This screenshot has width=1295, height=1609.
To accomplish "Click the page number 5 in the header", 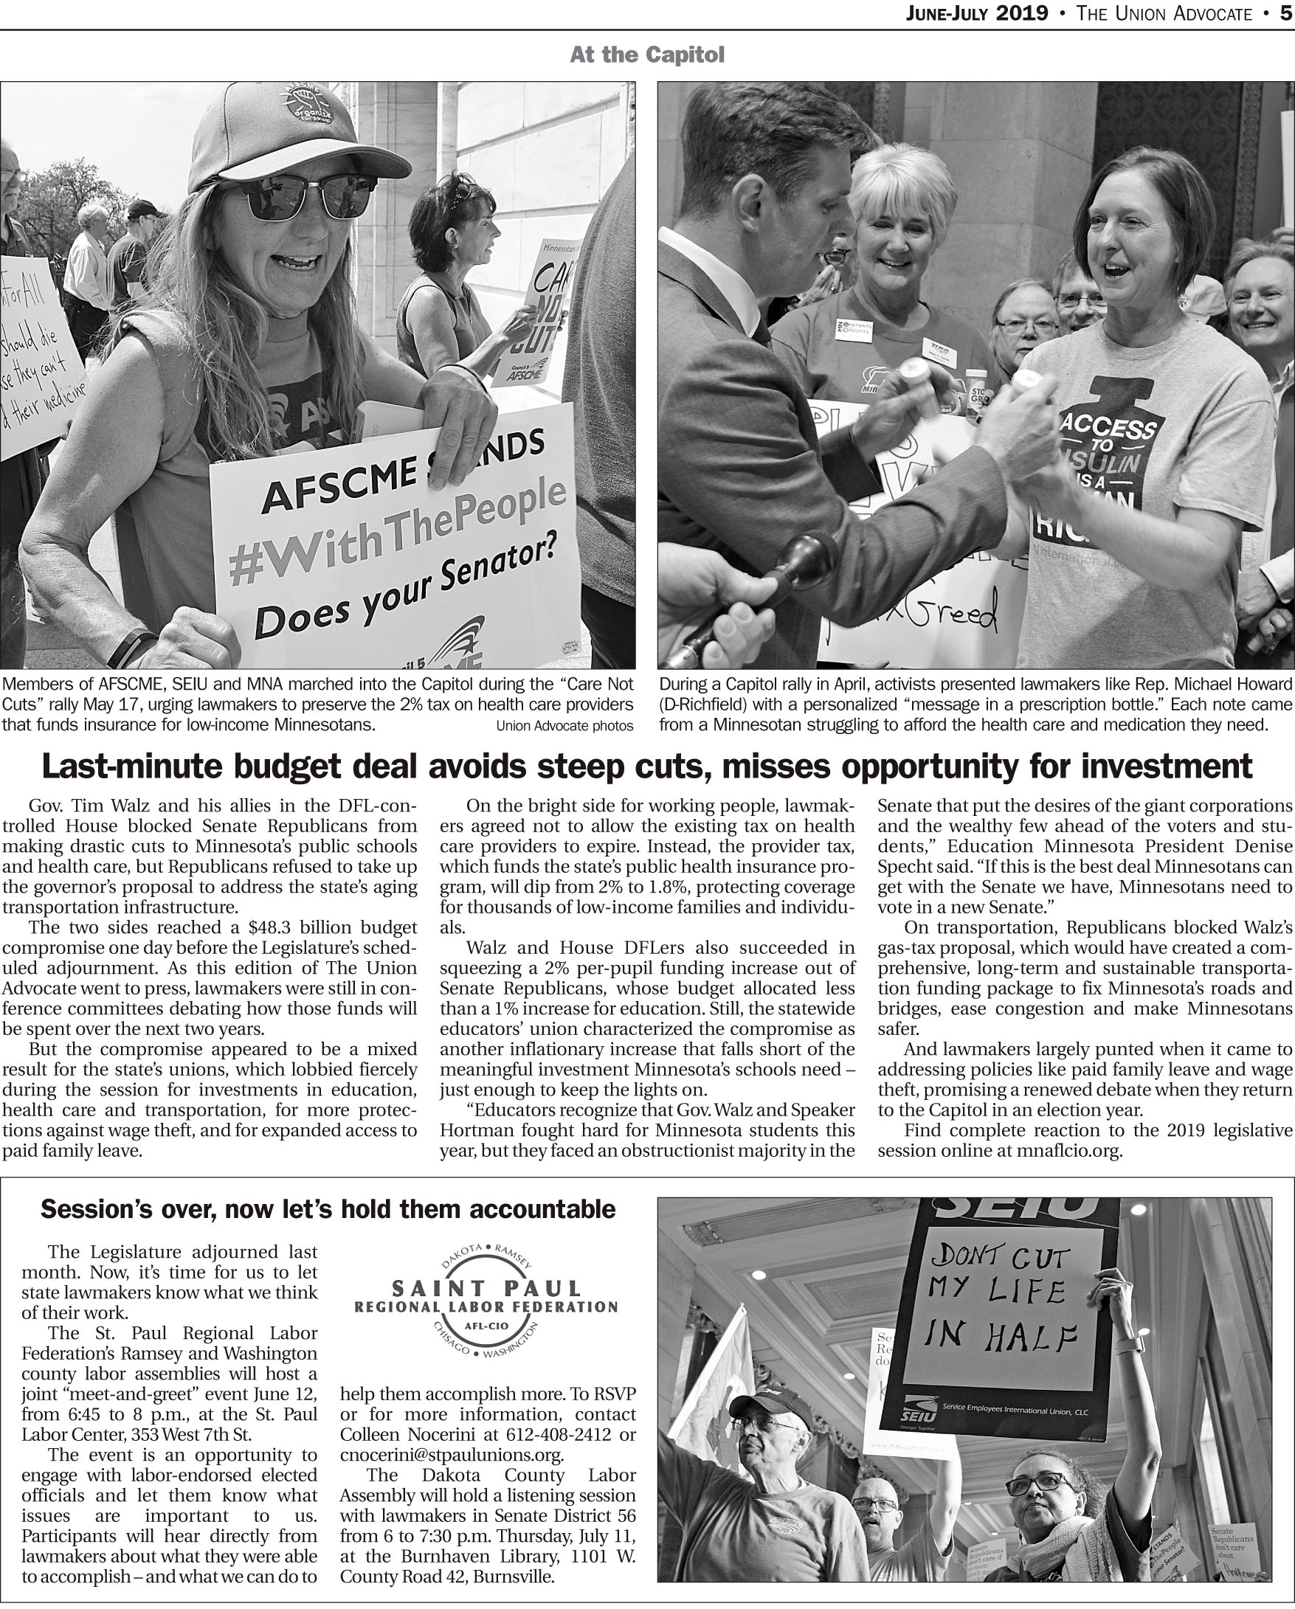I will click(x=1286, y=13).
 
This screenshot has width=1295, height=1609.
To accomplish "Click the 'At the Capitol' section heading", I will click(x=646, y=55).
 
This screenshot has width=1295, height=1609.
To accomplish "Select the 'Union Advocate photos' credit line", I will click(x=564, y=725).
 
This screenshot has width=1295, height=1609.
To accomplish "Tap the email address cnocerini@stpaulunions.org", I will click(x=452, y=1456).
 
